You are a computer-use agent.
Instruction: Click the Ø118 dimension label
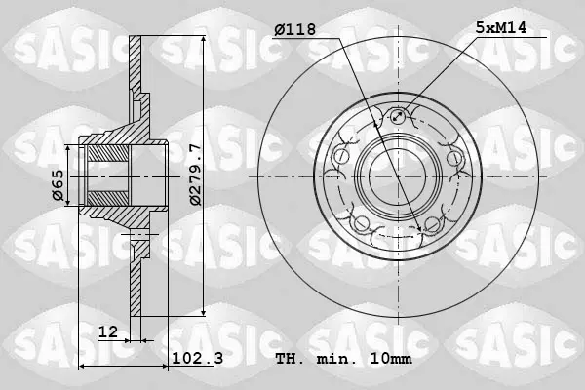[x=294, y=29]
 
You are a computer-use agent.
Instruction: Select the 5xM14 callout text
[x=500, y=27]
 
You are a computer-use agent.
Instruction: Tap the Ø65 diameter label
[x=58, y=185]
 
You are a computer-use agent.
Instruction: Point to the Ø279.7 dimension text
[x=196, y=175]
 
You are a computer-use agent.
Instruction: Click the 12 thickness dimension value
[x=108, y=331]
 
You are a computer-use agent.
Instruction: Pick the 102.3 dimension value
[x=197, y=358]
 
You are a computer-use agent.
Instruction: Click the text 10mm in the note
[x=391, y=359]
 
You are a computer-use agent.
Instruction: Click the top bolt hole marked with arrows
[x=398, y=116]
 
